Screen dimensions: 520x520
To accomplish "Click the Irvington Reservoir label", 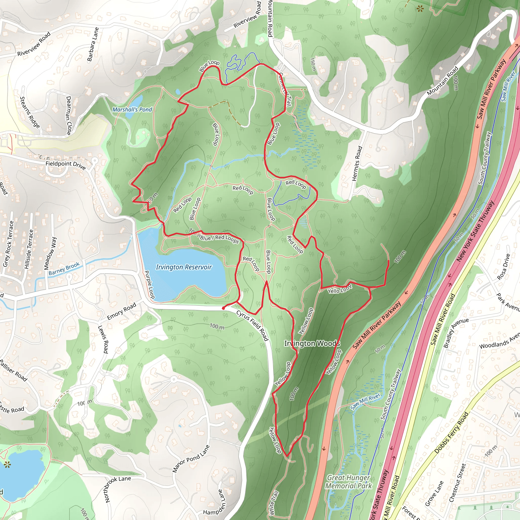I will [184, 267].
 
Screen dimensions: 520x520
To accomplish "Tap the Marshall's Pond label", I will [132, 109].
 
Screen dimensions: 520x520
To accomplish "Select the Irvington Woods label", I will [312, 344].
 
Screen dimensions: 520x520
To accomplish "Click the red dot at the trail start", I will [223, 308].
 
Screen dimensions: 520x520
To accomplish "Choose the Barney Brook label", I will [64, 269].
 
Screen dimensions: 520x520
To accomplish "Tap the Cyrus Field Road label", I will [252, 326].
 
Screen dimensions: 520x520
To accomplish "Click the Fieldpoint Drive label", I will [66, 165].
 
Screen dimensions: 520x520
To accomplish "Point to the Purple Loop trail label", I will [150, 284].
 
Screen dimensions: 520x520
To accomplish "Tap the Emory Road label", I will [122, 311].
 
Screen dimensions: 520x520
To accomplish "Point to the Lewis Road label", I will [103, 339].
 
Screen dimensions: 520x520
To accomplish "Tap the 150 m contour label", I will [313, 64].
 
